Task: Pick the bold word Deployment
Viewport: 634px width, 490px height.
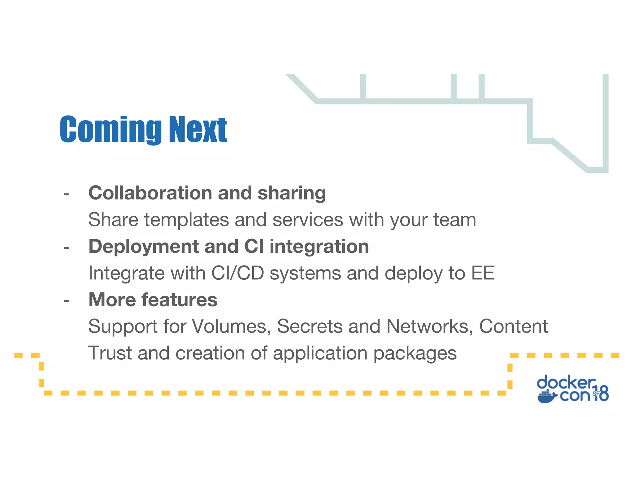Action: pos(143,247)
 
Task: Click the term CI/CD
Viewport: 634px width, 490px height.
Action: pos(237,273)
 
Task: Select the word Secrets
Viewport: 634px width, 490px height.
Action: pos(310,326)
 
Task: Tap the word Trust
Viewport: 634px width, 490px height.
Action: pos(110,353)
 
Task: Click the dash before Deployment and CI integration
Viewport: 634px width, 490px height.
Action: pos(66,248)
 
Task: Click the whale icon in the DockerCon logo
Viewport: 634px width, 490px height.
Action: pos(547,397)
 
